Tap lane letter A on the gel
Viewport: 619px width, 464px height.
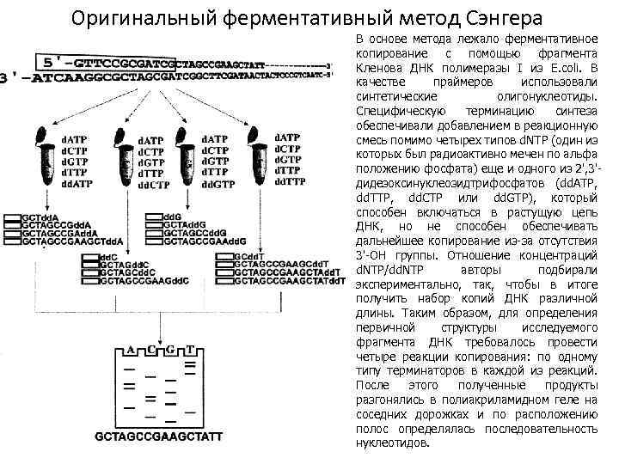point(130,351)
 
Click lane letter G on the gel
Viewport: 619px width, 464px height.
point(170,351)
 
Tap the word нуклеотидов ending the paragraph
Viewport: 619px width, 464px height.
point(390,443)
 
